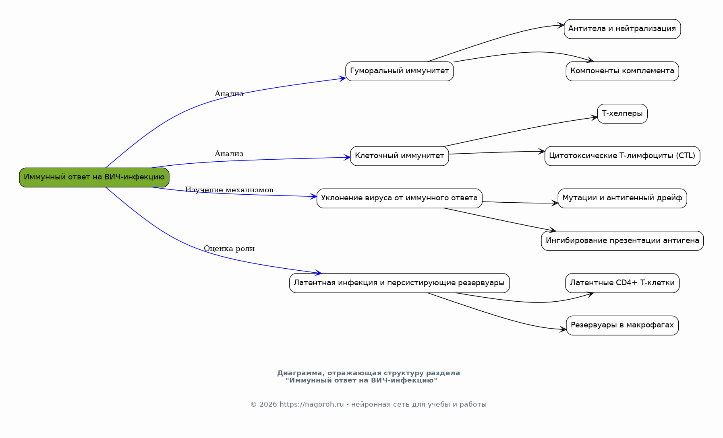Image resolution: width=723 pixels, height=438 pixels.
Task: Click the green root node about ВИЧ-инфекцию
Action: (94, 177)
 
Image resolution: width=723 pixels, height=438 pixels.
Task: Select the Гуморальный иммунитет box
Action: (400, 71)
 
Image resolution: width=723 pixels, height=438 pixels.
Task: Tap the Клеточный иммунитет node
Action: (400, 156)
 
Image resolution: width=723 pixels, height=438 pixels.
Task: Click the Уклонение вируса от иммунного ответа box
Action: (400, 198)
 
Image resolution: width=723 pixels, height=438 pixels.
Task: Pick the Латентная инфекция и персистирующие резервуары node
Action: (400, 283)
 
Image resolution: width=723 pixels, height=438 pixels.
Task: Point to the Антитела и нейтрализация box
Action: (622, 29)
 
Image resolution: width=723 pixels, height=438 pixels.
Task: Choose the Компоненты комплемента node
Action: (622, 71)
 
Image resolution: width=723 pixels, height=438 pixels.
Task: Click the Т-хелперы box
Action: (622, 114)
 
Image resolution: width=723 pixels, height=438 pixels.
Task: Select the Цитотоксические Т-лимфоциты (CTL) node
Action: (622, 156)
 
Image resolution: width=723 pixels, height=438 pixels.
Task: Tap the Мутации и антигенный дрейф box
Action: (622, 198)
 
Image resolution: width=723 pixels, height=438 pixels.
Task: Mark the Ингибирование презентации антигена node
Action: (622, 241)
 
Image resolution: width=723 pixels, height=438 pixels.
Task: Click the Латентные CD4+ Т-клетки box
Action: (622, 283)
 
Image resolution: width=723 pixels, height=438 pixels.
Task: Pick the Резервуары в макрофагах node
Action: (622, 325)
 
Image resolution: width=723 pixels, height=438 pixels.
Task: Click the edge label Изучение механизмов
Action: (229, 190)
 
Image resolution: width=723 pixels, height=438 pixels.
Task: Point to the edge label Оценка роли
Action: (229, 249)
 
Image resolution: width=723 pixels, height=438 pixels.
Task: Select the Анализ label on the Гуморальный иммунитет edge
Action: (229, 94)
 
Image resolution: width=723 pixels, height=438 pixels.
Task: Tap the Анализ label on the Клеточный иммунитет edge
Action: (229, 154)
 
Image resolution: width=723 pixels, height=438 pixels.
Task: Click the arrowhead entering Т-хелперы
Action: (594, 118)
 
